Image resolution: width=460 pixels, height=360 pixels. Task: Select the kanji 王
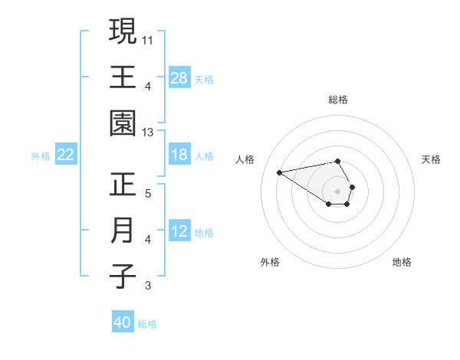123,77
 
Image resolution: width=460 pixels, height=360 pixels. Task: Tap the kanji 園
123,124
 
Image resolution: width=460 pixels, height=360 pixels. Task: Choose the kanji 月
123,231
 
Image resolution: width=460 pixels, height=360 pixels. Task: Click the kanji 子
123,277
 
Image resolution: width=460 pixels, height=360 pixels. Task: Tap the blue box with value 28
179,77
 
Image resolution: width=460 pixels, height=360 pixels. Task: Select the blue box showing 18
179,155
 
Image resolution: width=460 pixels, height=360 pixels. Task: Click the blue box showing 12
179,231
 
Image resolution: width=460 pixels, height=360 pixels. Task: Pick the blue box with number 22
65,155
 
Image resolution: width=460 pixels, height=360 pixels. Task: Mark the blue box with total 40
123,322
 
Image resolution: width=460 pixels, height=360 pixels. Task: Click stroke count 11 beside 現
148,38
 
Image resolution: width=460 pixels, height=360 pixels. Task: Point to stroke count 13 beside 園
148,133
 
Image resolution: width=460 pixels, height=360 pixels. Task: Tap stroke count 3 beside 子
148,286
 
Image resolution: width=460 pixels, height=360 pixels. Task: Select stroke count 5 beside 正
148,192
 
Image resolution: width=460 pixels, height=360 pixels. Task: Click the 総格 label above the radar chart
337,100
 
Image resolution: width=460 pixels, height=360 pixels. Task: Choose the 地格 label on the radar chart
402,262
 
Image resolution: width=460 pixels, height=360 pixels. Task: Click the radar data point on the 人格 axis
280,172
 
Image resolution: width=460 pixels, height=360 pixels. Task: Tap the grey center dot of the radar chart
337,190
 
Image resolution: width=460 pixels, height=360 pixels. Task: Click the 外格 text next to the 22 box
41,155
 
